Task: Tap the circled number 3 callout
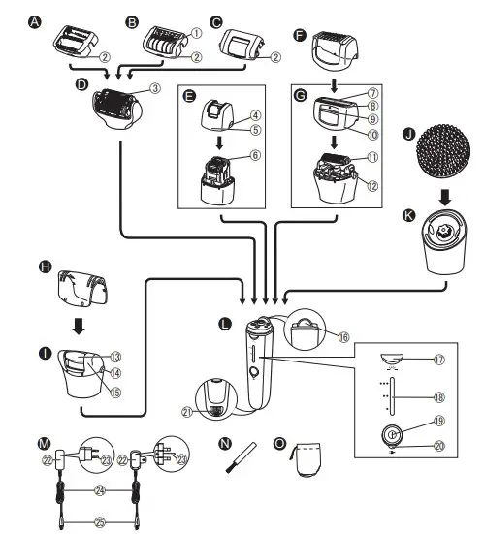click(154, 89)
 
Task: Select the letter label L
click(227, 320)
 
